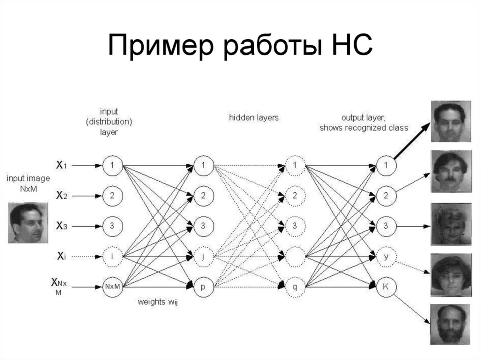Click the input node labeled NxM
click(x=112, y=287)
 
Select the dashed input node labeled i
click(x=112, y=257)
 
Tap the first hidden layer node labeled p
click(x=203, y=287)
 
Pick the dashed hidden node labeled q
click(x=295, y=287)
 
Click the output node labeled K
click(x=386, y=287)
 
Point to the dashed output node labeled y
click(x=386, y=257)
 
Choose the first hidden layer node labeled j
click(x=203, y=257)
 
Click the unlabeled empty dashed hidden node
click(x=295, y=257)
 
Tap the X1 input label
click(x=61, y=165)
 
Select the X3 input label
click(x=61, y=226)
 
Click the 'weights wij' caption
click(x=158, y=302)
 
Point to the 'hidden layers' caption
click(x=254, y=118)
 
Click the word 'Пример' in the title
click(x=161, y=45)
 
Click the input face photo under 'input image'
click(x=28, y=223)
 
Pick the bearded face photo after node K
click(x=450, y=325)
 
